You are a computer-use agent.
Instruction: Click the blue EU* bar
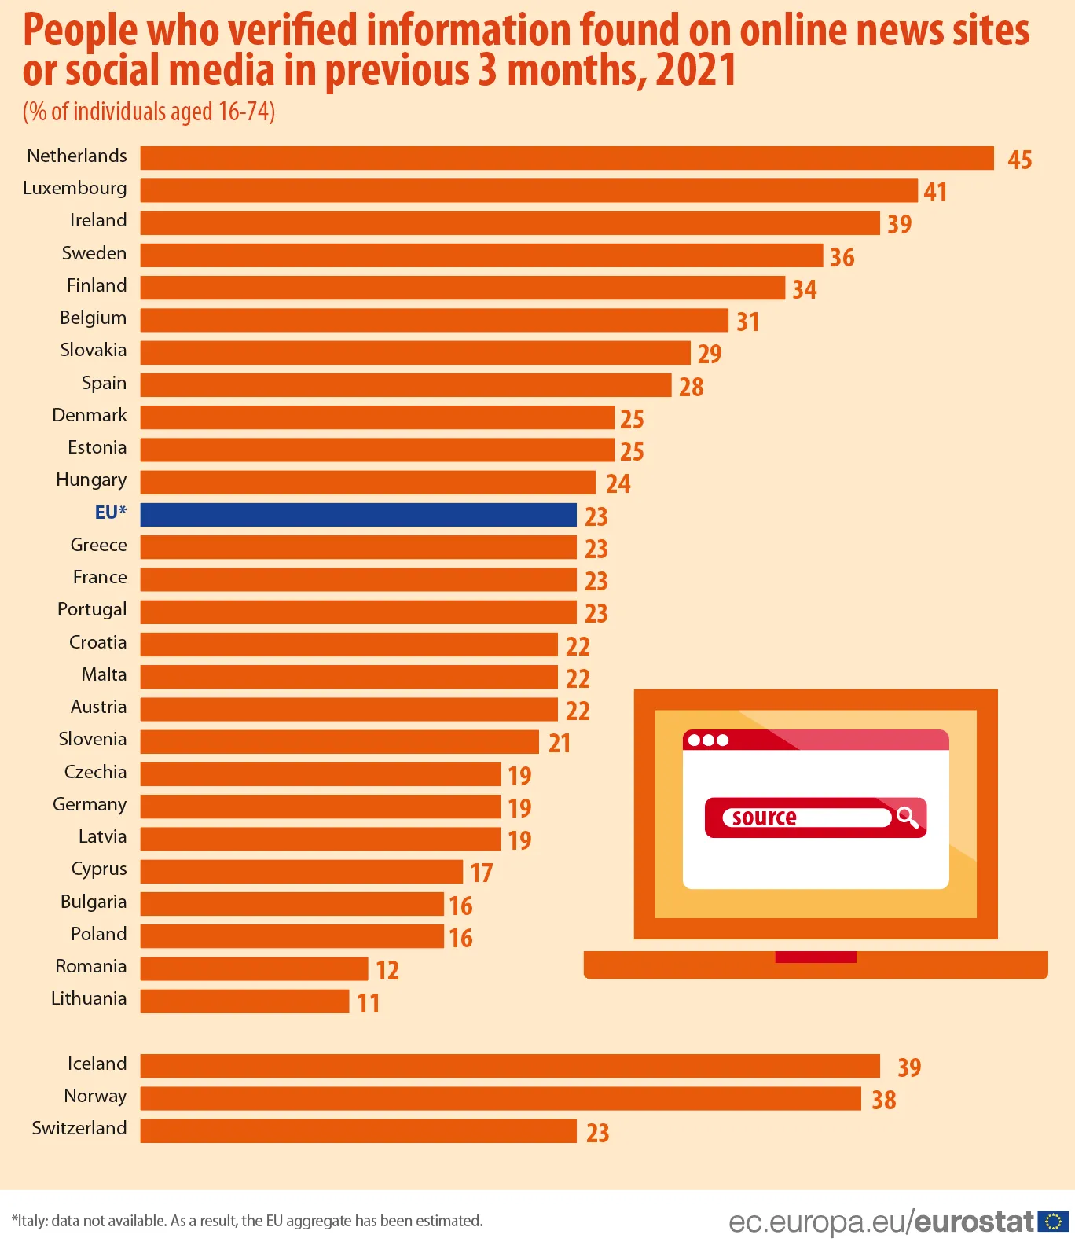(x=358, y=515)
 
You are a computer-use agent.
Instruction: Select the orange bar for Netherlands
(x=567, y=158)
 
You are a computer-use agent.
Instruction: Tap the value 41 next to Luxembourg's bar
(x=935, y=192)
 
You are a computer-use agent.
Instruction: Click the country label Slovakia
(x=93, y=350)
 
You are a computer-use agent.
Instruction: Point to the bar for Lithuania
(x=244, y=1001)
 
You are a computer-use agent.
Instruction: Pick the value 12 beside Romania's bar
(x=387, y=970)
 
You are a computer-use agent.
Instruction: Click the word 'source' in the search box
(x=764, y=818)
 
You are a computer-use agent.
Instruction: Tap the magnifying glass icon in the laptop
(x=908, y=818)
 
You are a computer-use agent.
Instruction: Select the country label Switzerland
(x=79, y=1128)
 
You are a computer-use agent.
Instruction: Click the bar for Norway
(x=501, y=1098)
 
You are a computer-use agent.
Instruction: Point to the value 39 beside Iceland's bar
(x=909, y=1067)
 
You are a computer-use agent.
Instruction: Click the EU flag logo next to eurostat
(x=1053, y=1221)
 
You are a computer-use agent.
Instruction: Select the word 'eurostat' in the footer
(x=974, y=1222)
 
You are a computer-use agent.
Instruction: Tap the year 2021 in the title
(x=696, y=71)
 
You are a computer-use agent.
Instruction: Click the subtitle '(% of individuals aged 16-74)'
(x=149, y=112)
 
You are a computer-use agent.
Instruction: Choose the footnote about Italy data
(x=248, y=1221)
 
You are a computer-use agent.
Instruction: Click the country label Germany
(x=89, y=804)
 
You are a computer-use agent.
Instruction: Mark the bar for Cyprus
(x=301, y=871)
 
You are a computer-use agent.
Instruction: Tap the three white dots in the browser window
(x=708, y=740)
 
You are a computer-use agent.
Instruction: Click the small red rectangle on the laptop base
(x=815, y=957)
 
